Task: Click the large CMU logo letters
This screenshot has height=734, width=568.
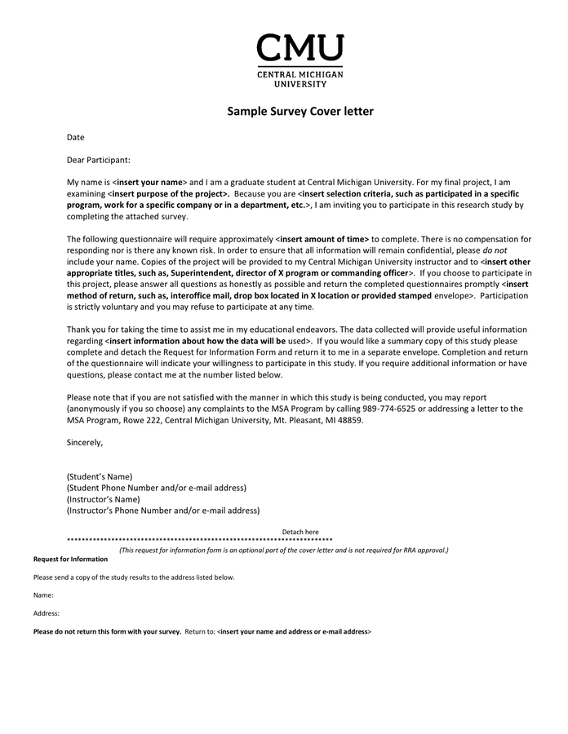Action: click(300, 48)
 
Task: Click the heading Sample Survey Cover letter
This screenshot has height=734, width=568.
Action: click(300, 112)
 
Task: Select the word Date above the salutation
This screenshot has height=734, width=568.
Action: click(75, 137)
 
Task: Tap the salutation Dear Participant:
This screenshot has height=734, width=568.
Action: click(98, 160)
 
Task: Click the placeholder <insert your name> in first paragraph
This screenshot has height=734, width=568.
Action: click(149, 182)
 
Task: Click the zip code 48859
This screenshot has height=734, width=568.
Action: click(350, 420)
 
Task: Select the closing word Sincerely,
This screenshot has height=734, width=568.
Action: click(85, 443)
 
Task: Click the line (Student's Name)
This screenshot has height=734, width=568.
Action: click(99, 476)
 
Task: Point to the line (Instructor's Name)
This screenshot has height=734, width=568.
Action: click(103, 499)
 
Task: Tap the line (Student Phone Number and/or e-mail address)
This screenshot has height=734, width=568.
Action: click(156, 488)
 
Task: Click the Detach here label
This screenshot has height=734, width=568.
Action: click(300, 532)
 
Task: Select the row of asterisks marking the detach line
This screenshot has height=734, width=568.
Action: click(199, 541)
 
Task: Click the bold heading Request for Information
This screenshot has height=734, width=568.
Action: click(70, 559)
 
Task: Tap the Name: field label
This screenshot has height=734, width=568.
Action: click(43, 595)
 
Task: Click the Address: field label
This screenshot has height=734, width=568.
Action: click(47, 613)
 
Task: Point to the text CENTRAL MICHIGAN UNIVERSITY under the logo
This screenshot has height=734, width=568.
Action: click(300, 78)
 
